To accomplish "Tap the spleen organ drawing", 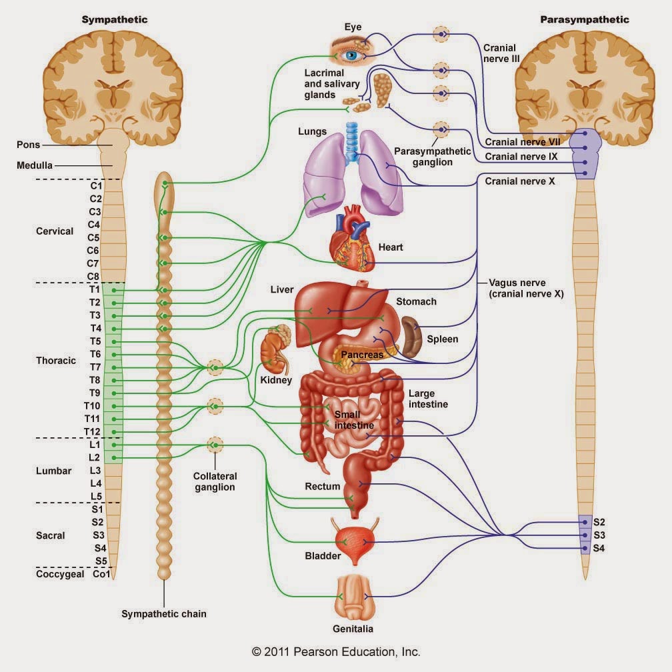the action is tap(412, 338).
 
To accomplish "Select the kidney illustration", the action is tap(274, 350).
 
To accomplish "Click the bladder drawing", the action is tap(354, 543).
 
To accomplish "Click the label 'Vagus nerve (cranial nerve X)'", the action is tap(526, 289).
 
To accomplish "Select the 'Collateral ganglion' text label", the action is tap(215, 482).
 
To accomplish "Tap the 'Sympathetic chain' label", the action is tap(164, 614).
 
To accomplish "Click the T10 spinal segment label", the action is tap(92, 406).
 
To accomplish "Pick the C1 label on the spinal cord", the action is tap(96, 185).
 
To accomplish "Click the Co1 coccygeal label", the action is tap(101, 574).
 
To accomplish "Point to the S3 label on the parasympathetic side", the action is tap(599, 535).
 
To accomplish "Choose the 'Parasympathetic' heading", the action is tap(585, 20).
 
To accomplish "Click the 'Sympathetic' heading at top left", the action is tap(115, 20).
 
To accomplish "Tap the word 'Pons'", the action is tap(28, 145).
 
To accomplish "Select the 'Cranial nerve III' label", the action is tap(501, 53).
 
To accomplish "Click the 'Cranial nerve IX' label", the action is tap(521, 157).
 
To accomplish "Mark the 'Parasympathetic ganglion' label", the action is tap(433, 157).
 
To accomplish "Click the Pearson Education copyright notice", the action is tap(336, 652).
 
